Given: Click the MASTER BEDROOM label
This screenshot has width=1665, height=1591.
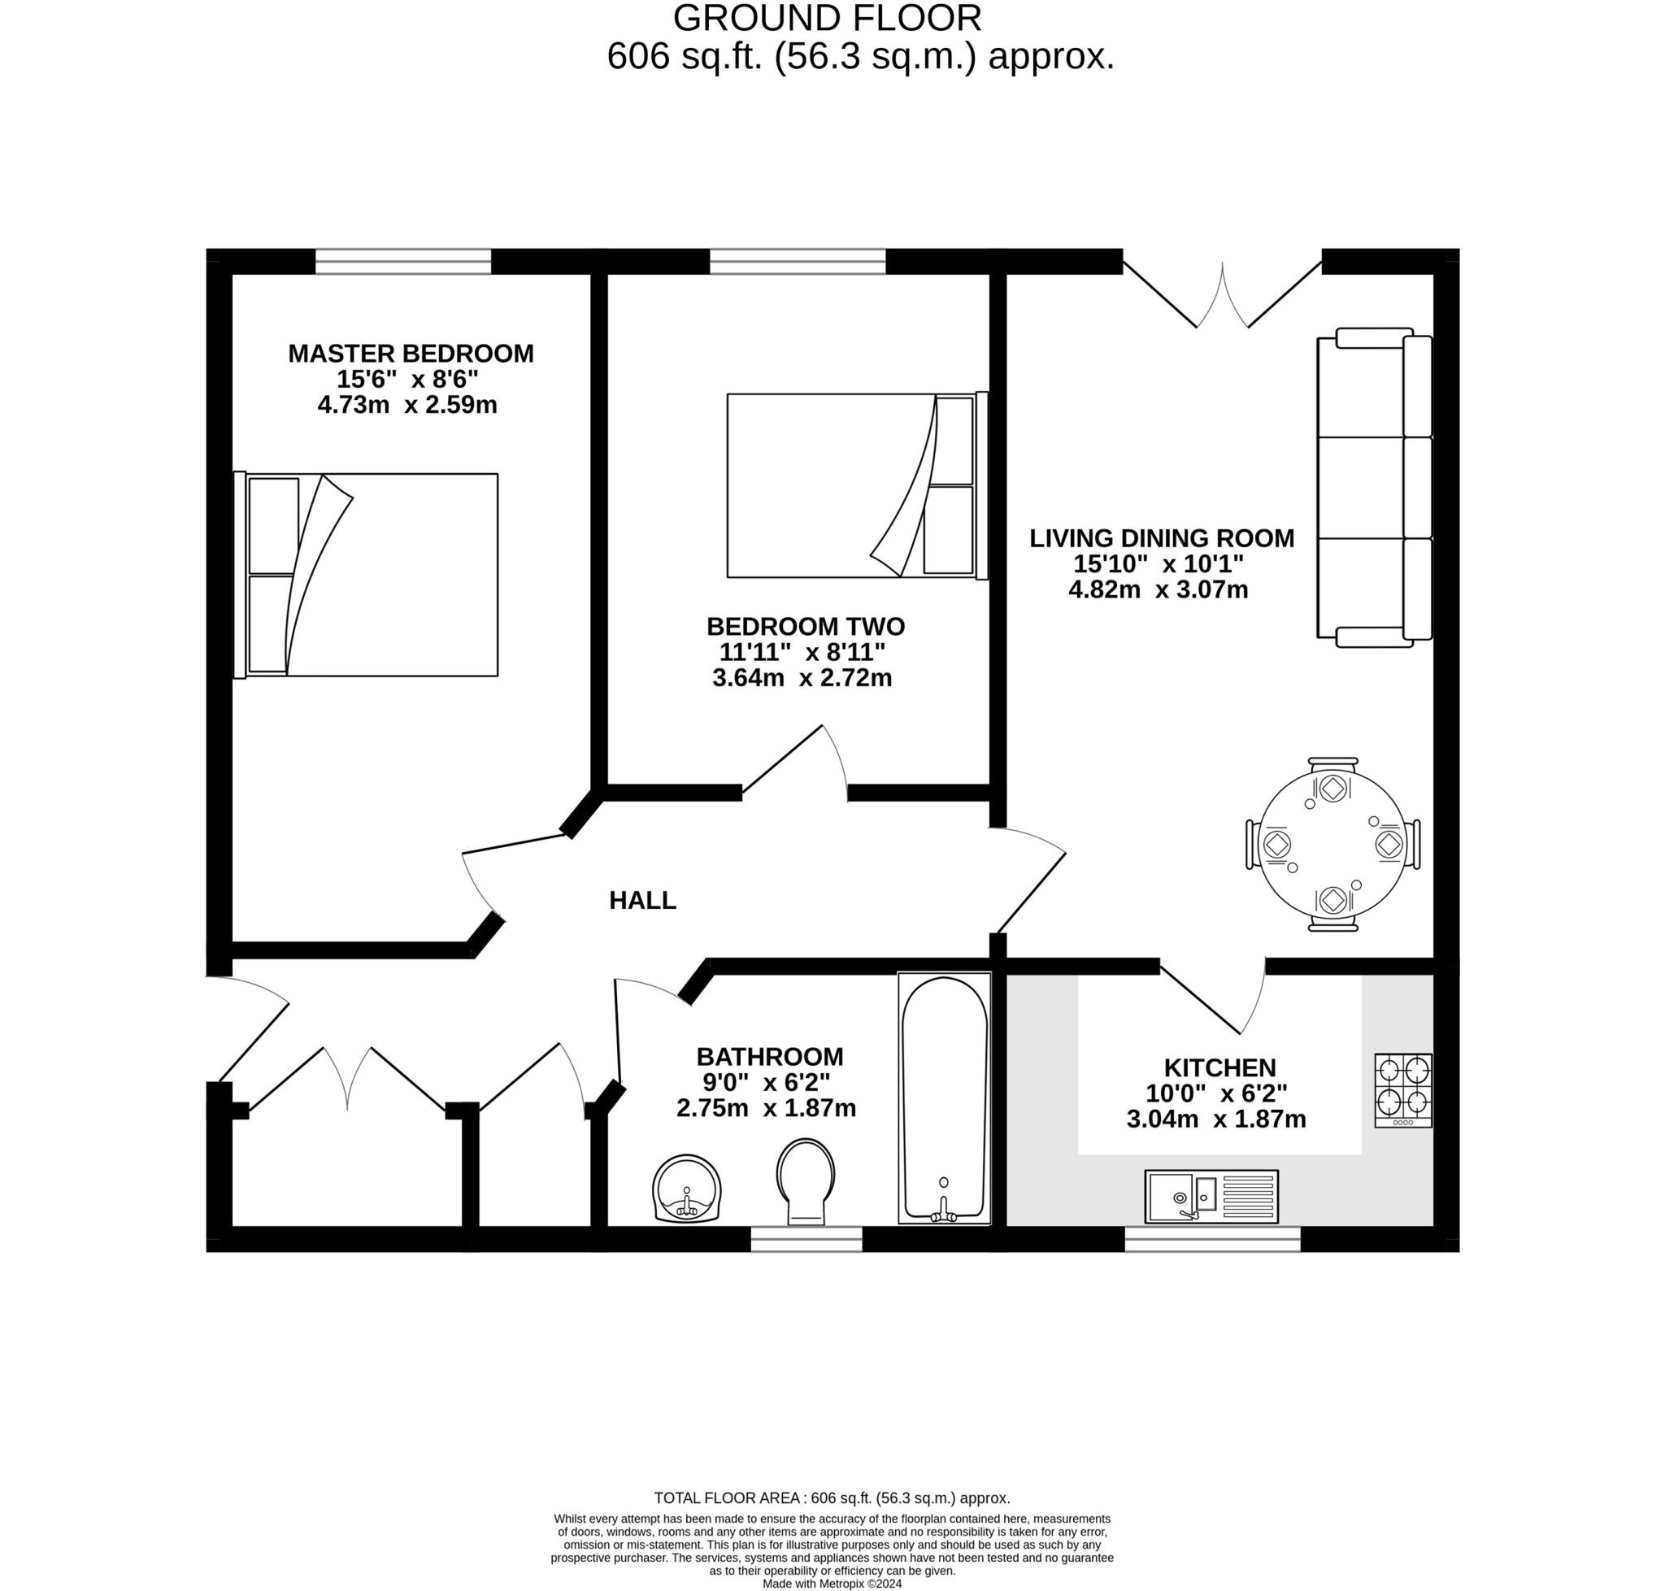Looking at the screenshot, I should pyautogui.click(x=411, y=353).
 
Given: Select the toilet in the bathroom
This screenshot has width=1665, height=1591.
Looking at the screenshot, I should pyautogui.click(x=805, y=1180).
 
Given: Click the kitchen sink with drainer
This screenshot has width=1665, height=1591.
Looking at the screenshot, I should pyautogui.click(x=1211, y=1197).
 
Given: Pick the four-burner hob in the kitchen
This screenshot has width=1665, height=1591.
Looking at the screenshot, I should pyautogui.click(x=1402, y=1089).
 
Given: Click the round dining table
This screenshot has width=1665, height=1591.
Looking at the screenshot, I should pyautogui.click(x=1332, y=844).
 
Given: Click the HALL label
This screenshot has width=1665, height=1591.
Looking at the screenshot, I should pyautogui.click(x=642, y=901).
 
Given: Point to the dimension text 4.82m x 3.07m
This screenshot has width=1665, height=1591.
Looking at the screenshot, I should pyautogui.click(x=1158, y=589).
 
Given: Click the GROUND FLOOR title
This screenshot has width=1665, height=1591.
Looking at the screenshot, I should pyautogui.click(x=827, y=18).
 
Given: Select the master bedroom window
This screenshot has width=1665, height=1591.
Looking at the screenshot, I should pyautogui.click(x=403, y=261).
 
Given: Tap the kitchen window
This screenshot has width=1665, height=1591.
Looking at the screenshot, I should pyautogui.click(x=1211, y=1238).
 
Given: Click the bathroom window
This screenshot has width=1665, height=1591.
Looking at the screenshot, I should pyautogui.click(x=806, y=1238).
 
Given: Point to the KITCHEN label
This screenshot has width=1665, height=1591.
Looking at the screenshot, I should pyautogui.click(x=1219, y=1067).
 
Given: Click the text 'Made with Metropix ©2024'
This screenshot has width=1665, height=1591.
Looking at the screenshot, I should pyautogui.click(x=831, y=1584).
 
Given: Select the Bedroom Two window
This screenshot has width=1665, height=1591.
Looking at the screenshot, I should pyautogui.click(x=798, y=261).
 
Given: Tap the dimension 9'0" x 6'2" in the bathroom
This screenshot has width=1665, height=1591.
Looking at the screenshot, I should pyautogui.click(x=766, y=1082).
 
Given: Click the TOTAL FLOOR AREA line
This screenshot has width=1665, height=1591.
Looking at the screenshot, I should pyautogui.click(x=831, y=1498).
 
